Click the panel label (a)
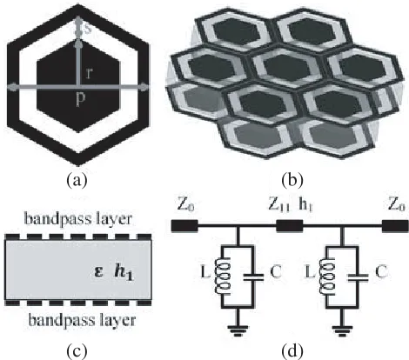[x=77, y=180]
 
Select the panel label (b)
[x=292, y=180]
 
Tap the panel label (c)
[x=77, y=351]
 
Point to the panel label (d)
[x=292, y=351]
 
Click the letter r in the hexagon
[x=89, y=74]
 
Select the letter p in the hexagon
[x=80, y=99]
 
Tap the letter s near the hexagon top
[x=88, y=30]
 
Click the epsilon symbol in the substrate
[x=99, y=272]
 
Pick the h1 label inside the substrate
[x=124, y=272]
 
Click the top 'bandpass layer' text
[x=78, y=219]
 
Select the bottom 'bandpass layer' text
[x=82, y=320]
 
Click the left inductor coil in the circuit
[x=223, y=276]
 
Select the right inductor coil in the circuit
[x=327, y=276]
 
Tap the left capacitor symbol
[x=253, y=277]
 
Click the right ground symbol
[x=342, y=330]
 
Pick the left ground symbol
[x=238, y=330]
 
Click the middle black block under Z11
[x=289, y=226]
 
